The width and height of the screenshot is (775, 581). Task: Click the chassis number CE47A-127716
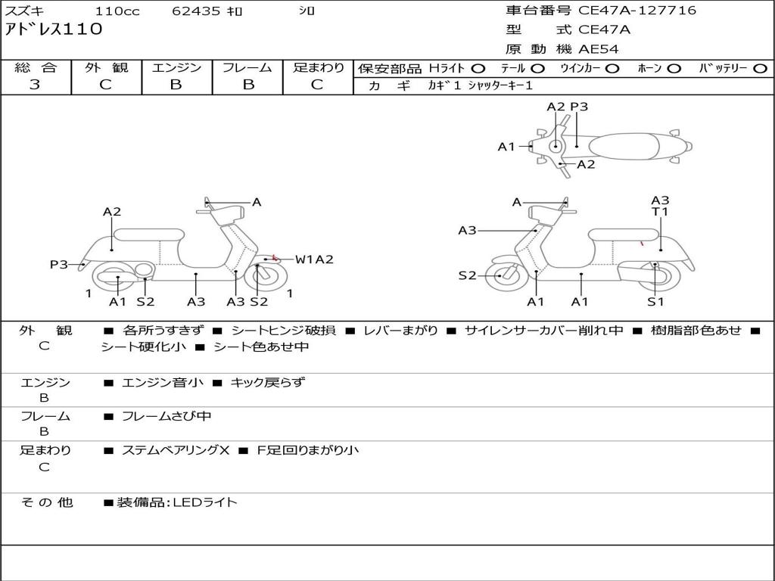tap(636, 11)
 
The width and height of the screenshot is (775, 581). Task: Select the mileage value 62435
tap(196, 11)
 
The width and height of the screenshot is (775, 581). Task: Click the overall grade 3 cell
tap(35, 85)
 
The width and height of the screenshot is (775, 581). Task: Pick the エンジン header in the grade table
tap(176, 68)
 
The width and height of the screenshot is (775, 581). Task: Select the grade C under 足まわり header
tap(317, 85)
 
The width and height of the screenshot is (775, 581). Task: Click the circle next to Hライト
tap(478, 69)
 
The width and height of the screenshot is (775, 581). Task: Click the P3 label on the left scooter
tap(59, 264)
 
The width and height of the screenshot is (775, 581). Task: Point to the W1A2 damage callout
tap(314, 259)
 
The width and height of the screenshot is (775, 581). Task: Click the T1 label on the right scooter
tap(660, 212)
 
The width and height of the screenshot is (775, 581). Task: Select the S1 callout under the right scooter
tap(655, 302)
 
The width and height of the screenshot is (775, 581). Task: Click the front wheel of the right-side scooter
tap(502, 276)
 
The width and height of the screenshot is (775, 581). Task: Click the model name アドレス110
tap(53, 30)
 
